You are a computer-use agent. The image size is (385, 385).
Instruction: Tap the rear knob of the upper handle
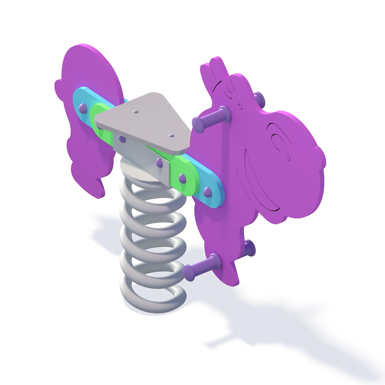point(259,96)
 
